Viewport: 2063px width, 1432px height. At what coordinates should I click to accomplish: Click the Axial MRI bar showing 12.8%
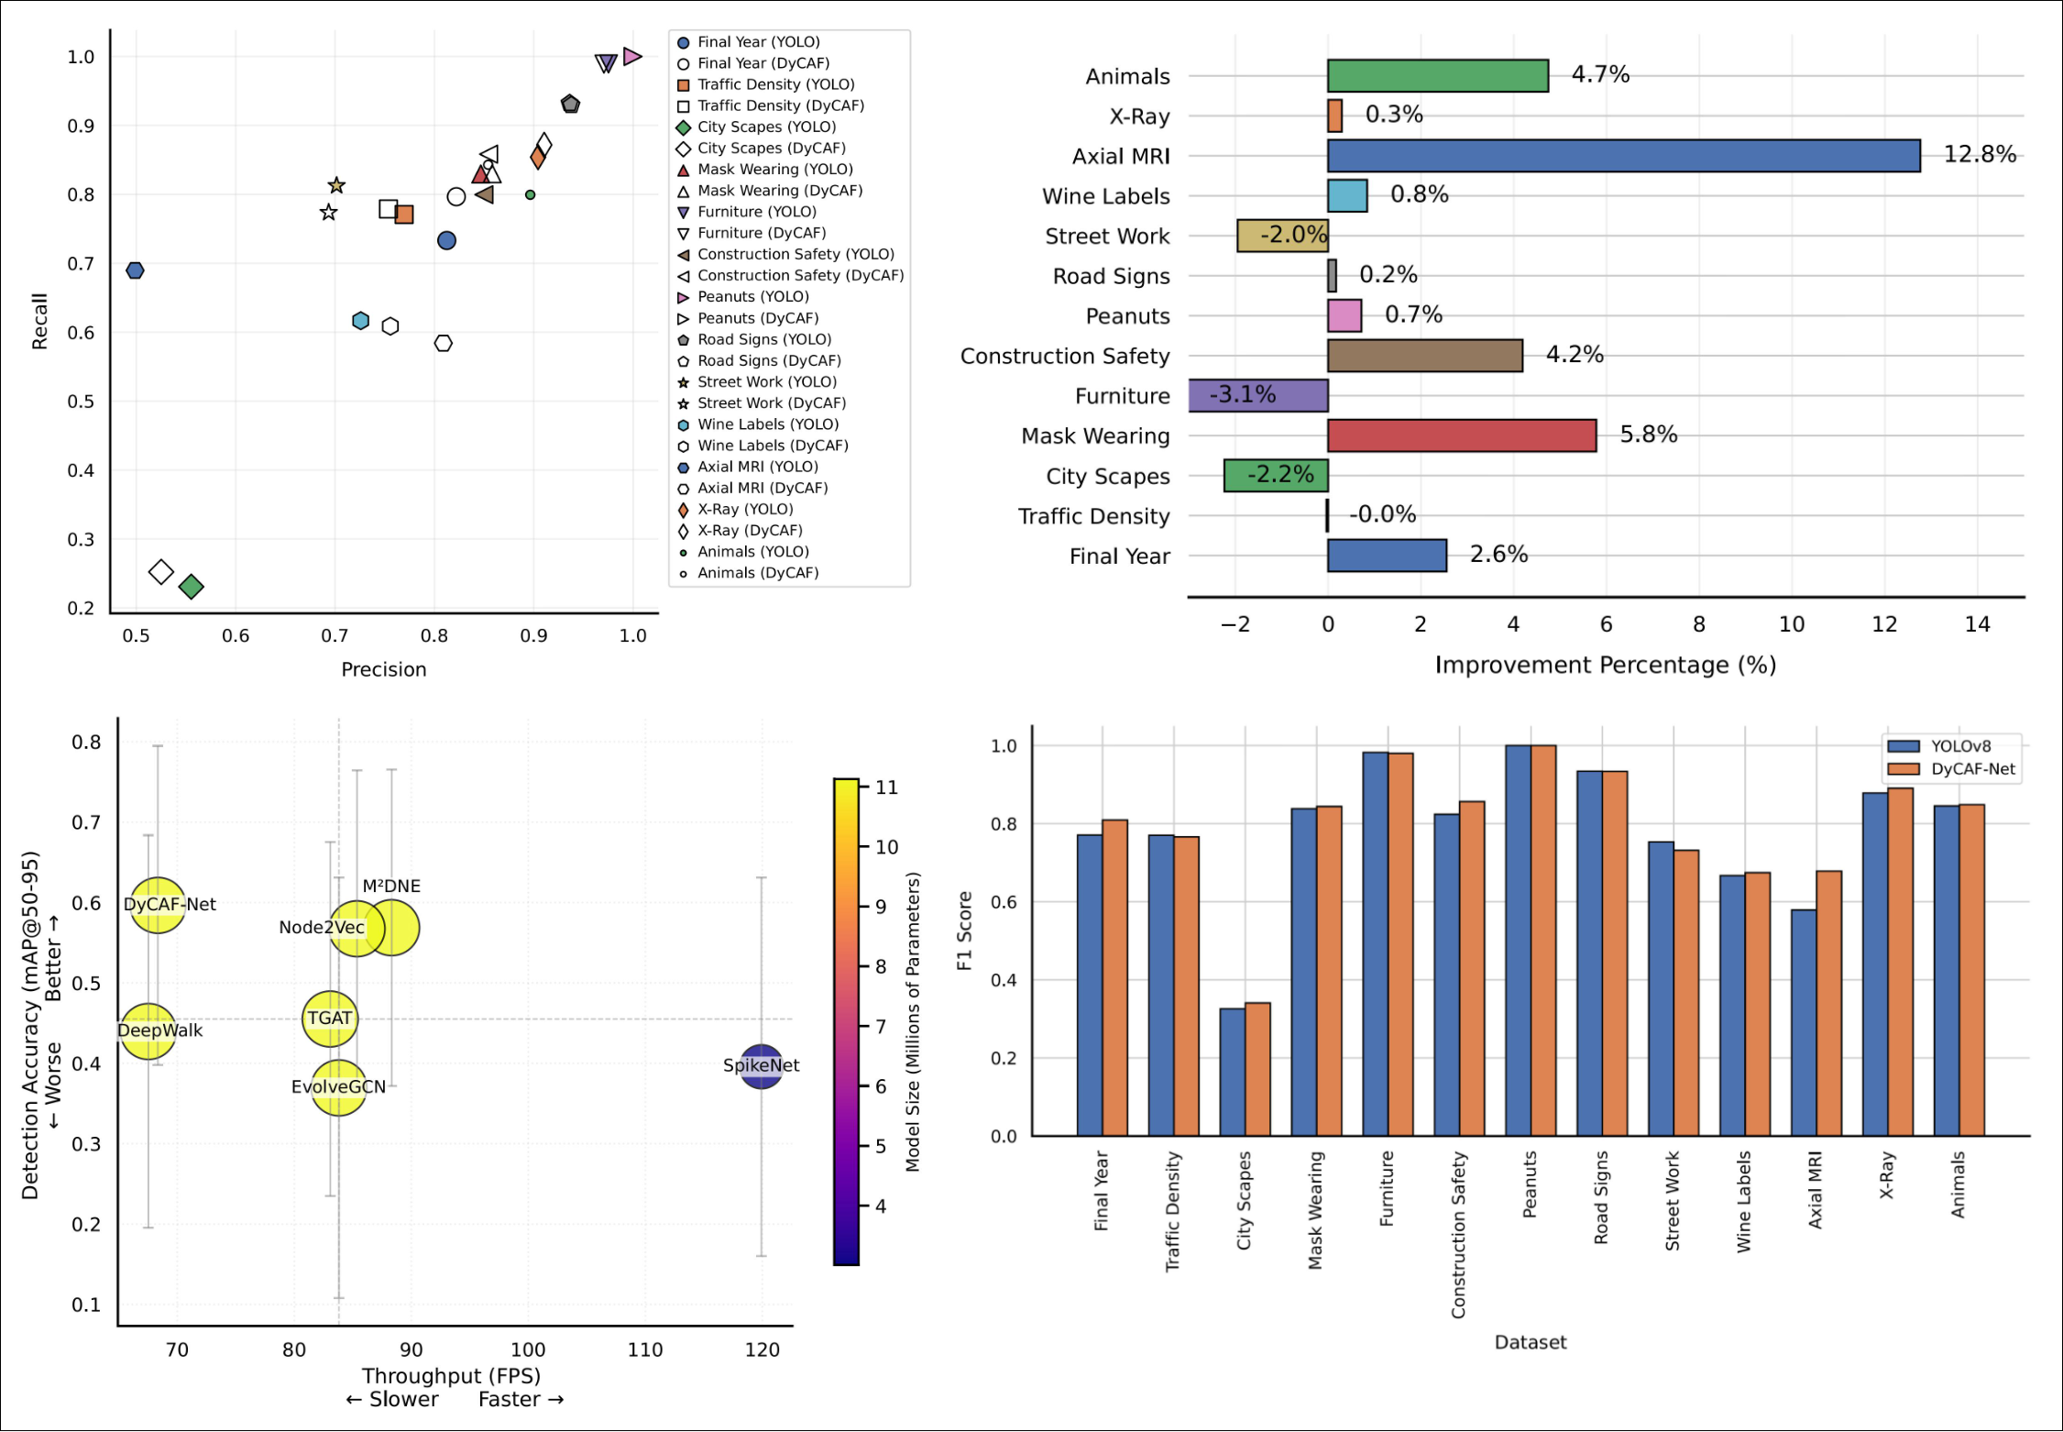[x=1622, y=156]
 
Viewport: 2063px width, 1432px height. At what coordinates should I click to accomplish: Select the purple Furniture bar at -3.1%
[x=1257, y=396]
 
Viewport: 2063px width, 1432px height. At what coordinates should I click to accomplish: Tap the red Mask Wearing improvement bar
[x=1461, y=435]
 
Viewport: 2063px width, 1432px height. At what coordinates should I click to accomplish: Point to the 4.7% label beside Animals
[x=1599, y=74]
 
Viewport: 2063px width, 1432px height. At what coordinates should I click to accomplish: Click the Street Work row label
[x=1106, y=237]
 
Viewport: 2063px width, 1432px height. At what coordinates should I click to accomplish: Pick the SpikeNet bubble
[x=761, y=1066]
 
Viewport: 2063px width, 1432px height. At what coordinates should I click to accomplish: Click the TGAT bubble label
[x=329, y=1019]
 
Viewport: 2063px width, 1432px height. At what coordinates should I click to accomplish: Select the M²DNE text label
[x=391, y=887]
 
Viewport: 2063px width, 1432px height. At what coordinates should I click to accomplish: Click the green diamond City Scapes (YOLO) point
[x=191, y=587]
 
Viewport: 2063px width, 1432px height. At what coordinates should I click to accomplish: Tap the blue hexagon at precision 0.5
[x=135, y=270]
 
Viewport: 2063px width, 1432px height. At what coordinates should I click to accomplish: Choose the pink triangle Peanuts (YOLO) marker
[x=631, y=57]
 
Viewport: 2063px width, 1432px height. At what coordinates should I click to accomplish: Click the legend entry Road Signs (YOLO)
[x=763, y=339]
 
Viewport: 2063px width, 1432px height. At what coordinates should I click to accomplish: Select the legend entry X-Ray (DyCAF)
[x=749, y=531]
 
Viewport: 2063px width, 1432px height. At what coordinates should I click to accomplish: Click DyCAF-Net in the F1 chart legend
[x=1971, y=770]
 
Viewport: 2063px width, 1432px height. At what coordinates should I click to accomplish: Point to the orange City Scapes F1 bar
[x=1257, y=1069]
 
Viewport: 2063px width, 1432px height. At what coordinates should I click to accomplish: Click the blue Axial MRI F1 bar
[x=1803, y=1022]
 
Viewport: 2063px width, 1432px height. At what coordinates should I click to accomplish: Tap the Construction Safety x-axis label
[x=1458, y=1234]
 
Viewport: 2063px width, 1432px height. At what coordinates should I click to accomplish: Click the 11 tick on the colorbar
[x=886, y=788]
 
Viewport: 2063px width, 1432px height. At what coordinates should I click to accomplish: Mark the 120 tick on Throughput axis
[x=762, y=1350]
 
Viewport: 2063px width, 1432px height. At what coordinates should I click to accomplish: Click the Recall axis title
[x=39, y=322]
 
